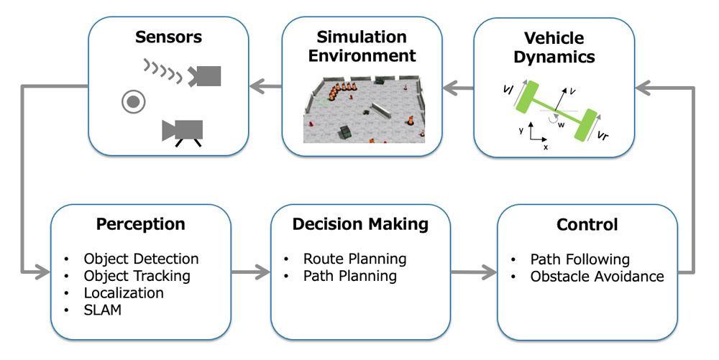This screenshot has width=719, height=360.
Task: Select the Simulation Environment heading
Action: [x=361, y=46]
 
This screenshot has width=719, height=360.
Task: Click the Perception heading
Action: [x=141, y=224]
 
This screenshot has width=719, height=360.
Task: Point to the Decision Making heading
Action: [x=360, y=224]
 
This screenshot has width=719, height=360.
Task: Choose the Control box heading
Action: [x=587, y=225]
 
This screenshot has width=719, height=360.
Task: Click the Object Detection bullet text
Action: [x=141, y=259]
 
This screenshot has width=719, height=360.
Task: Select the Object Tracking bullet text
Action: [x=137, y=276]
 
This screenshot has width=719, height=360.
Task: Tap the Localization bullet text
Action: [x=124, y=293]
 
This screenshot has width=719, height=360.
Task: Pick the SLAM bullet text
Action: [x=102, y=310]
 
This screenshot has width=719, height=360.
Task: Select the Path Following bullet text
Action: [x=580, y=259]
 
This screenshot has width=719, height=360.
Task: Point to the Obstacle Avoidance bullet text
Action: [x=597, y=277]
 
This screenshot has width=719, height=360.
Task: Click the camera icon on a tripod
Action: [x=183, y=131]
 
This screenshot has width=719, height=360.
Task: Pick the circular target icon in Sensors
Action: [x=133, y=103]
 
